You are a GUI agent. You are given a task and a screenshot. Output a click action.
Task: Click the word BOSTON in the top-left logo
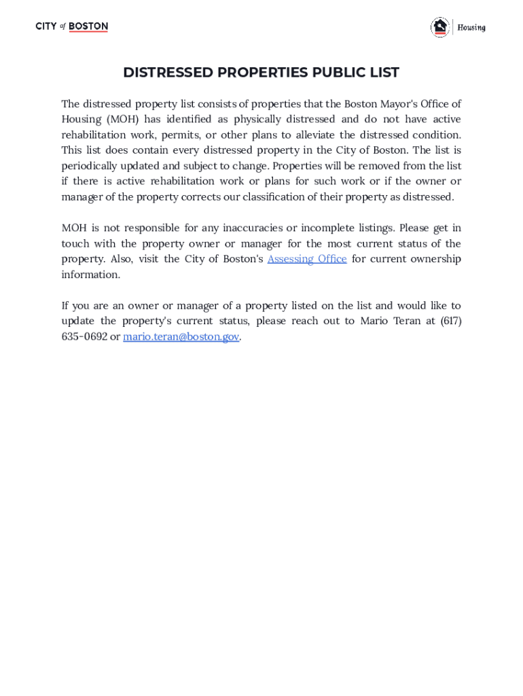coord(88,27)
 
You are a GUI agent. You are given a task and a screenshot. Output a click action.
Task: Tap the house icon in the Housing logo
coord(440,27)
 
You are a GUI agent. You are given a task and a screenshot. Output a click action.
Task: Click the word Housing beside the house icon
coord(471,28)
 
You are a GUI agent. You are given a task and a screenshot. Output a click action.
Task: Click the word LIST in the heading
coord(383,73)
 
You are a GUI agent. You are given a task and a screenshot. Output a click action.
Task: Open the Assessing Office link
coord(307,259)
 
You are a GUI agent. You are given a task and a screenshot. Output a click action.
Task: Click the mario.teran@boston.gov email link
coord(181,336)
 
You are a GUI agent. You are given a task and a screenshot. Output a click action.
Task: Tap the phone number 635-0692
coord(84,336)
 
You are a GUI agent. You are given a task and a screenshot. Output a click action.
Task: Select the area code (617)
coord(450,321)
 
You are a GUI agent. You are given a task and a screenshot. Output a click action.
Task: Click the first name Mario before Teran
coord(374,321)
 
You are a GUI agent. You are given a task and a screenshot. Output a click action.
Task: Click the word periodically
coord(91,166)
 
